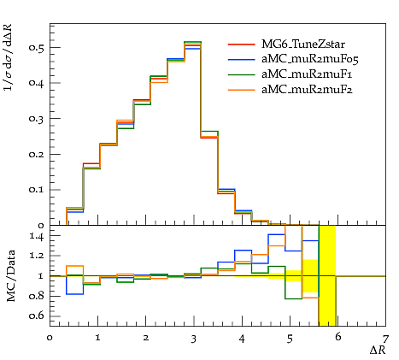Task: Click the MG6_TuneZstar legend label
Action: click(x=303, y=44)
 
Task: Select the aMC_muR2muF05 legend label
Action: click(x=310, y=59)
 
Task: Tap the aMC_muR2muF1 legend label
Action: click(x=307, y=74)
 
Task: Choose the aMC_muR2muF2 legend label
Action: click(x=307, y=90)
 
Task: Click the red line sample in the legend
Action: click(x=242, y=44)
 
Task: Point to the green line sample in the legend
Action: click(x=242, y=74)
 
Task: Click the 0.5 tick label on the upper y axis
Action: click(x=37, y=48)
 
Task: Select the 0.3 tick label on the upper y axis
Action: click(x=37, y=119)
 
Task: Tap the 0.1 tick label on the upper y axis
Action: click(x=37, y=190)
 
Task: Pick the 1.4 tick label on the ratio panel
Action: click(x=37, y=236)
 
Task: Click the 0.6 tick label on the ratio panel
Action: click(x=37, y=316)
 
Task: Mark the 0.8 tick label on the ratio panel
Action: click(x=37, y=296)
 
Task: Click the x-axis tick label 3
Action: click(x=194, y=339)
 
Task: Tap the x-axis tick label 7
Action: click(x=385, y=339)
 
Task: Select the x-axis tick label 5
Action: click(x=290, y=339)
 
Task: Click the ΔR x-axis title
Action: click(x=378, y=350)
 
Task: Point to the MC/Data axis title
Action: click(x=11, y=276)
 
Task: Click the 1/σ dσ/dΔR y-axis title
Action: click(x=9, y=57)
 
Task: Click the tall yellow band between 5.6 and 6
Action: click(x=327, y=275)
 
